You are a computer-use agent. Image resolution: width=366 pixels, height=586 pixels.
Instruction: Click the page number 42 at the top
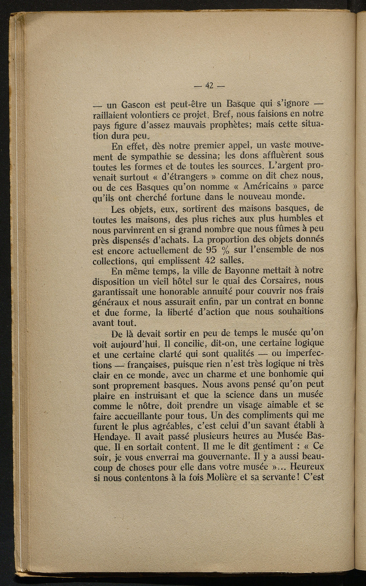click(x=209, y=86)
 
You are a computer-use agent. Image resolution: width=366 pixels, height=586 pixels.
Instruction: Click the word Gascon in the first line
click(x=135, y=105)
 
